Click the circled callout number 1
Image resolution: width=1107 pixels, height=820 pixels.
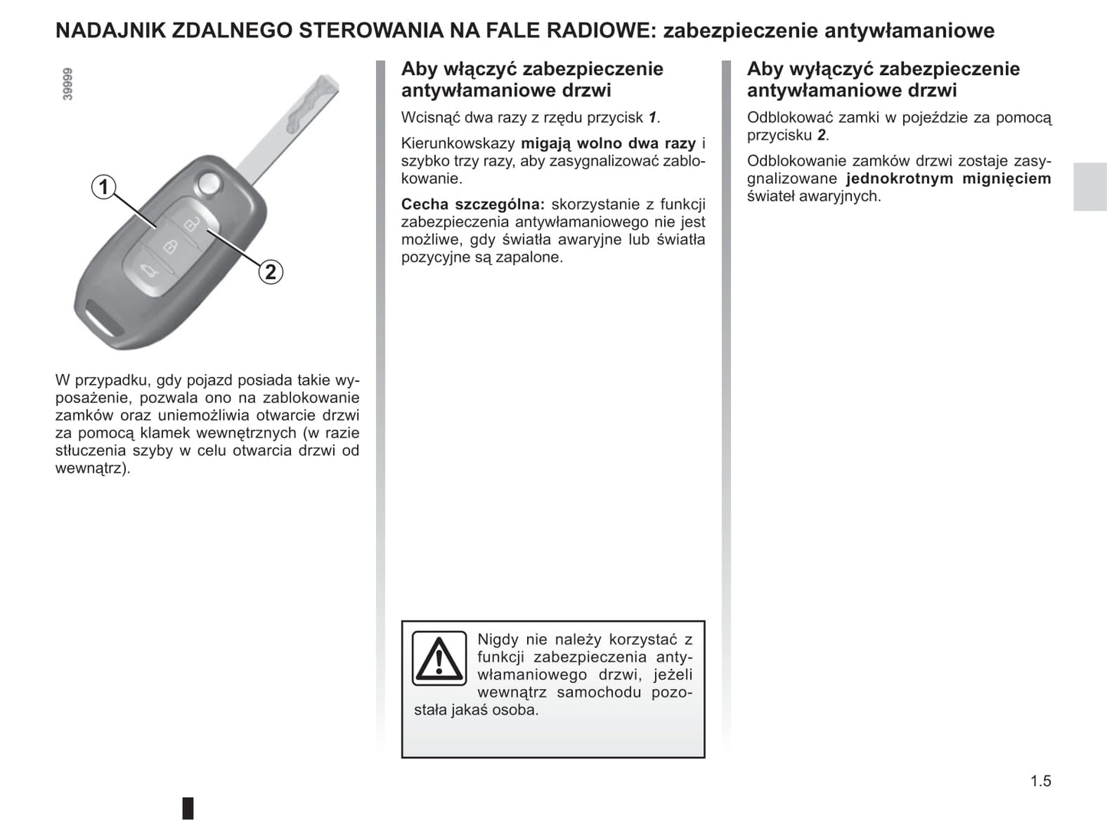(103, 187)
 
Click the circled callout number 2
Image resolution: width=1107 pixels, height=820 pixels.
(270, 271)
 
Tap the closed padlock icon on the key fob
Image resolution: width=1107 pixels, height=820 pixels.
(170, 246)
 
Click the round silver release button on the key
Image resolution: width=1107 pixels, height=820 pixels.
(207, 183)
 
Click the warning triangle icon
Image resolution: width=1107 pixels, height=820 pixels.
(439, 658)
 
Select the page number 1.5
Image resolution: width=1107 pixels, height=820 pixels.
(1040, 781)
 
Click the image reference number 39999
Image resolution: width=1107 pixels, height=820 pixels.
(68, 84)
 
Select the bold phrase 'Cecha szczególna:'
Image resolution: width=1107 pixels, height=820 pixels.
(473, 205)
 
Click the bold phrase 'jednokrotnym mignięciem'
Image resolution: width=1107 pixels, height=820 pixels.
(948, 179)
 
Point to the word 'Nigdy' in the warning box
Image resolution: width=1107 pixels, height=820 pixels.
(497, 639)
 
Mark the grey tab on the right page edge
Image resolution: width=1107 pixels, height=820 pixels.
(1089, 186)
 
